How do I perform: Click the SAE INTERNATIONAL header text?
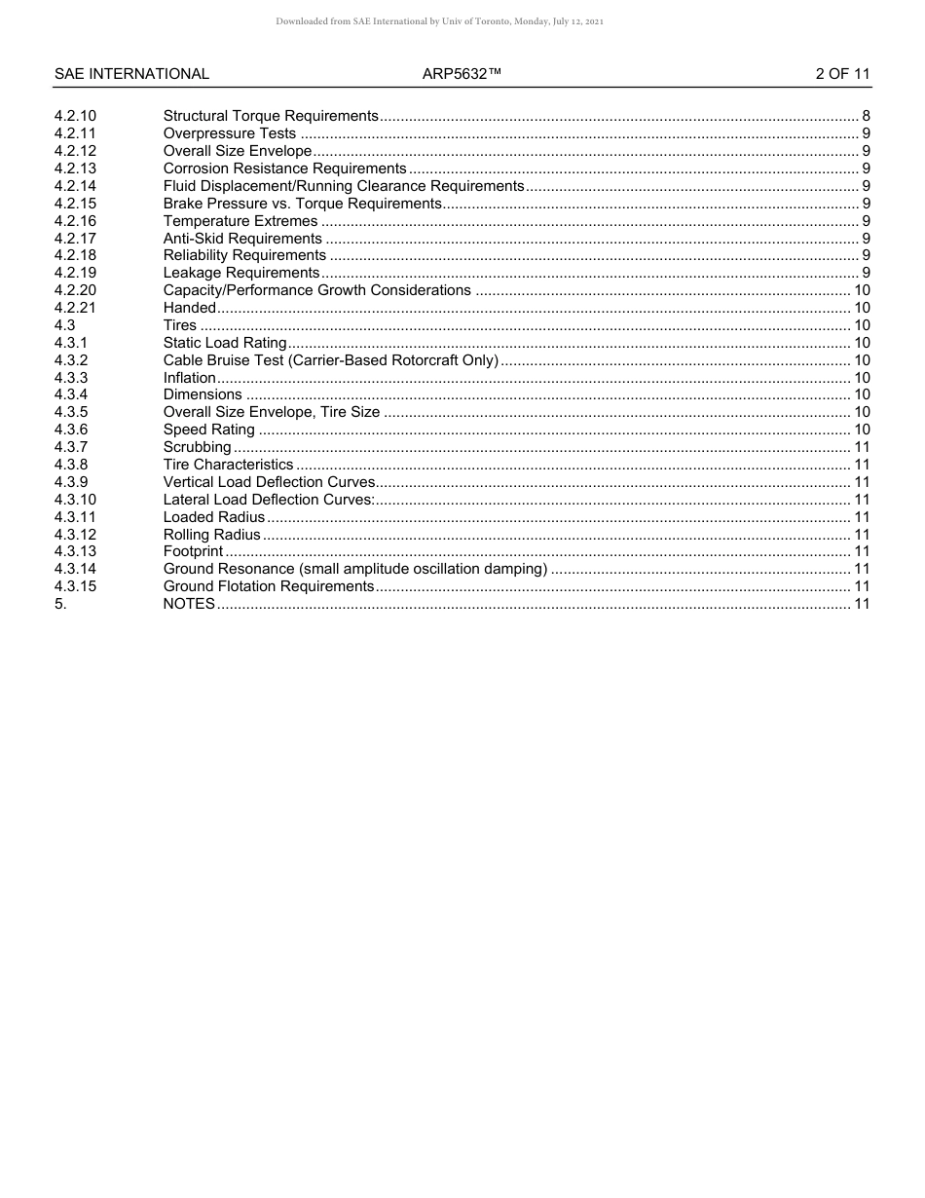131,74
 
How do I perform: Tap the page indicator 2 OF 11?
842,74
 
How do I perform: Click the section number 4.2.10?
76,116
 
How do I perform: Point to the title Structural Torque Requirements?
271,116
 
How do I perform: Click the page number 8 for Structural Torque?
866,116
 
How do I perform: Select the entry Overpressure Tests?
230,133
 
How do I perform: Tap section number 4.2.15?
76,204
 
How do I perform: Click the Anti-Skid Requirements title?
242,239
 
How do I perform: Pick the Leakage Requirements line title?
241,273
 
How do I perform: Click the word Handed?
189,308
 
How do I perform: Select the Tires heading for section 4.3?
179,325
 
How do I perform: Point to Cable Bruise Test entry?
331,360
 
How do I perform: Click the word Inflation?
189,378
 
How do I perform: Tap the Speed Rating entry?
208,430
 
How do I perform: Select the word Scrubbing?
197,447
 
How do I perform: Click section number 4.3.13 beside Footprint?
76,551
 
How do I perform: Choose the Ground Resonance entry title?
355,569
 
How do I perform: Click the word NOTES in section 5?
189,604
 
